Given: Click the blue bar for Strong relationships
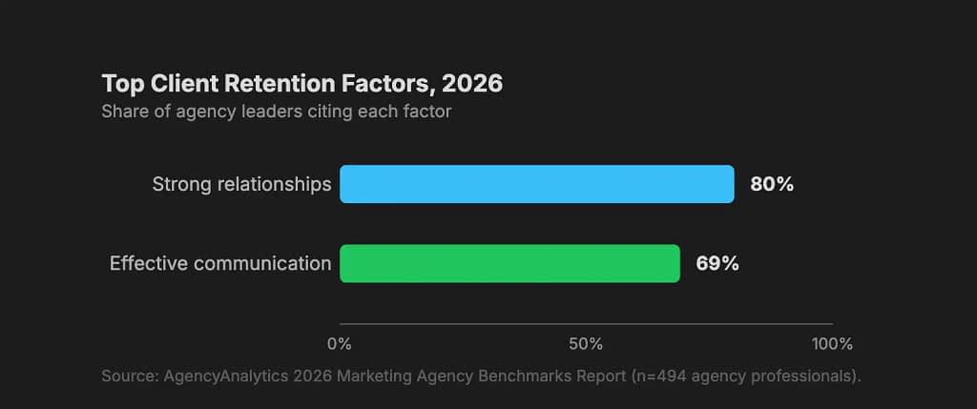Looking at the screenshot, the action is click(536, 184).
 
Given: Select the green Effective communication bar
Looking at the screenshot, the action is click(509, 263).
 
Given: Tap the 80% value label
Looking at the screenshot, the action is click(771, 184).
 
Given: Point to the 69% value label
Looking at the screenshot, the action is click(717, 263).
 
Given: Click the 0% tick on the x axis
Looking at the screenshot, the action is click(340, 343).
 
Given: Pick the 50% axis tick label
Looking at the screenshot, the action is click(586, 343).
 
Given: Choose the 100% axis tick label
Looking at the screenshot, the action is click(832, 343).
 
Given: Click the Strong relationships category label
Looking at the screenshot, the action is click(241, 184).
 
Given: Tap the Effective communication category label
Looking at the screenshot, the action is click(220, 263).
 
